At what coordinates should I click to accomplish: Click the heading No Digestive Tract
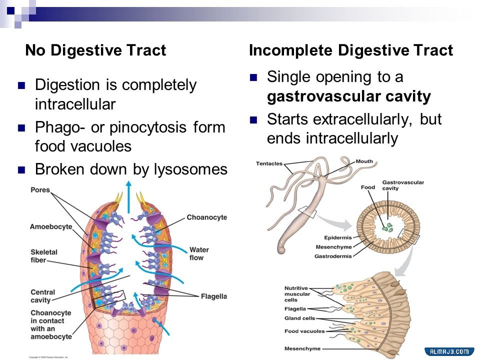click(95, 50)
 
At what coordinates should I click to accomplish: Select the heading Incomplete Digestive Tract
click(351, 50)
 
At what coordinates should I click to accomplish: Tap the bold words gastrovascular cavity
click(348, 96)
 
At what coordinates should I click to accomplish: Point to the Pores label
click(40, 190)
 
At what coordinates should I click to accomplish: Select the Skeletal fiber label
click(44, 256)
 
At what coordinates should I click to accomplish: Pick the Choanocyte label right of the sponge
click(206, 217)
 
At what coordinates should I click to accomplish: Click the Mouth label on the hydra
click(364, 162)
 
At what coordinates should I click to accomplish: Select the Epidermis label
click(337, 237)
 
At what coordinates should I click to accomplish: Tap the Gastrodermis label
click(333, 256)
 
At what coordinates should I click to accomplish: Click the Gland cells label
click(299, 318)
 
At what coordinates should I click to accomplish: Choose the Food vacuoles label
click(304, 331)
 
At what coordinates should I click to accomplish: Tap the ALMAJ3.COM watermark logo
click(449, 352)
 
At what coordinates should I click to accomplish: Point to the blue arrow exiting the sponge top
click(129, 190)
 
